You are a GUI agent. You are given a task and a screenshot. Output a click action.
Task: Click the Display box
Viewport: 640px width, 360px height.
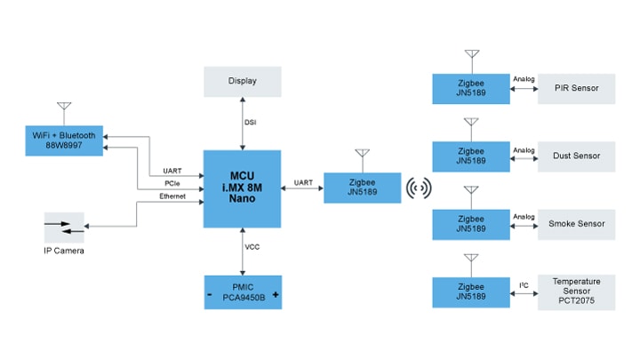click(242, 81)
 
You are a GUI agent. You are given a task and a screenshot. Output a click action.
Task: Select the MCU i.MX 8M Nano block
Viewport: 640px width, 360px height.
click(242, 188)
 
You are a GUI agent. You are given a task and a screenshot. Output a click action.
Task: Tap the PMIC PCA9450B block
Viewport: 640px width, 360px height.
click(242, 293)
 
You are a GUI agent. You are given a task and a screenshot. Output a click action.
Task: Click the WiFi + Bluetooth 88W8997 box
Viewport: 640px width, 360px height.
click(63, 140)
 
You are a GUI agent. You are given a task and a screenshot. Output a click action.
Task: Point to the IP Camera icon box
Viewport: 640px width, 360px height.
click(64, 228)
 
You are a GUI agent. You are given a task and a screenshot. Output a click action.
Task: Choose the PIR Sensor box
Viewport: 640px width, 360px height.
click(576, 89)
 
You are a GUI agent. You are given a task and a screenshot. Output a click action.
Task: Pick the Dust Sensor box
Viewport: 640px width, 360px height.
click(576, 156)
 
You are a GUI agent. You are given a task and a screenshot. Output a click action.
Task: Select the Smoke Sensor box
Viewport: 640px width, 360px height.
click(576, 224)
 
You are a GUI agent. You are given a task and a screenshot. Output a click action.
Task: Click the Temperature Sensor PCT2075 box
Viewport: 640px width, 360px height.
click(576, 292)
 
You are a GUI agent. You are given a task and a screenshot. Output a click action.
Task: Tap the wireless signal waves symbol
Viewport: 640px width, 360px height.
click(419, 188)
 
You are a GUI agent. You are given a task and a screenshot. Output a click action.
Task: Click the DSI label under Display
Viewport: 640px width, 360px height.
click(251, 123)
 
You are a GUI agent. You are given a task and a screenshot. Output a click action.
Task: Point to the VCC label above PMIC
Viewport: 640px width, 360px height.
click(252, 246)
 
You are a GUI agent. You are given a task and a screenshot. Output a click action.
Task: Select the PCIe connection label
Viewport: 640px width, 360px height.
click(172, 183)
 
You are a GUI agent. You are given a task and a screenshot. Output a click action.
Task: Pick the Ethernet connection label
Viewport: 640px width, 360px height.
click(172, 196)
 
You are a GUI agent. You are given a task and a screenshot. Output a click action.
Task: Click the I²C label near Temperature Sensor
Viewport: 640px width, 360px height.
click(524, 284)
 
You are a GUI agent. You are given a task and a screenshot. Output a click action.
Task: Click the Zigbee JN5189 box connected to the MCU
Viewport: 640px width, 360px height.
click(361, 188)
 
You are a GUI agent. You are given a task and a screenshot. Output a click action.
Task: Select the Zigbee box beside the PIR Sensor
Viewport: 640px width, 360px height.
click(470, 89)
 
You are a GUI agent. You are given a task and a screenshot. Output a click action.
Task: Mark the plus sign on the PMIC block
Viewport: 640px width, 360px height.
click(276, 294)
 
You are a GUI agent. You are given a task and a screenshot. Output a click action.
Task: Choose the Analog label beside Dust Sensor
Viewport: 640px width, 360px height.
click(524, 149)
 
